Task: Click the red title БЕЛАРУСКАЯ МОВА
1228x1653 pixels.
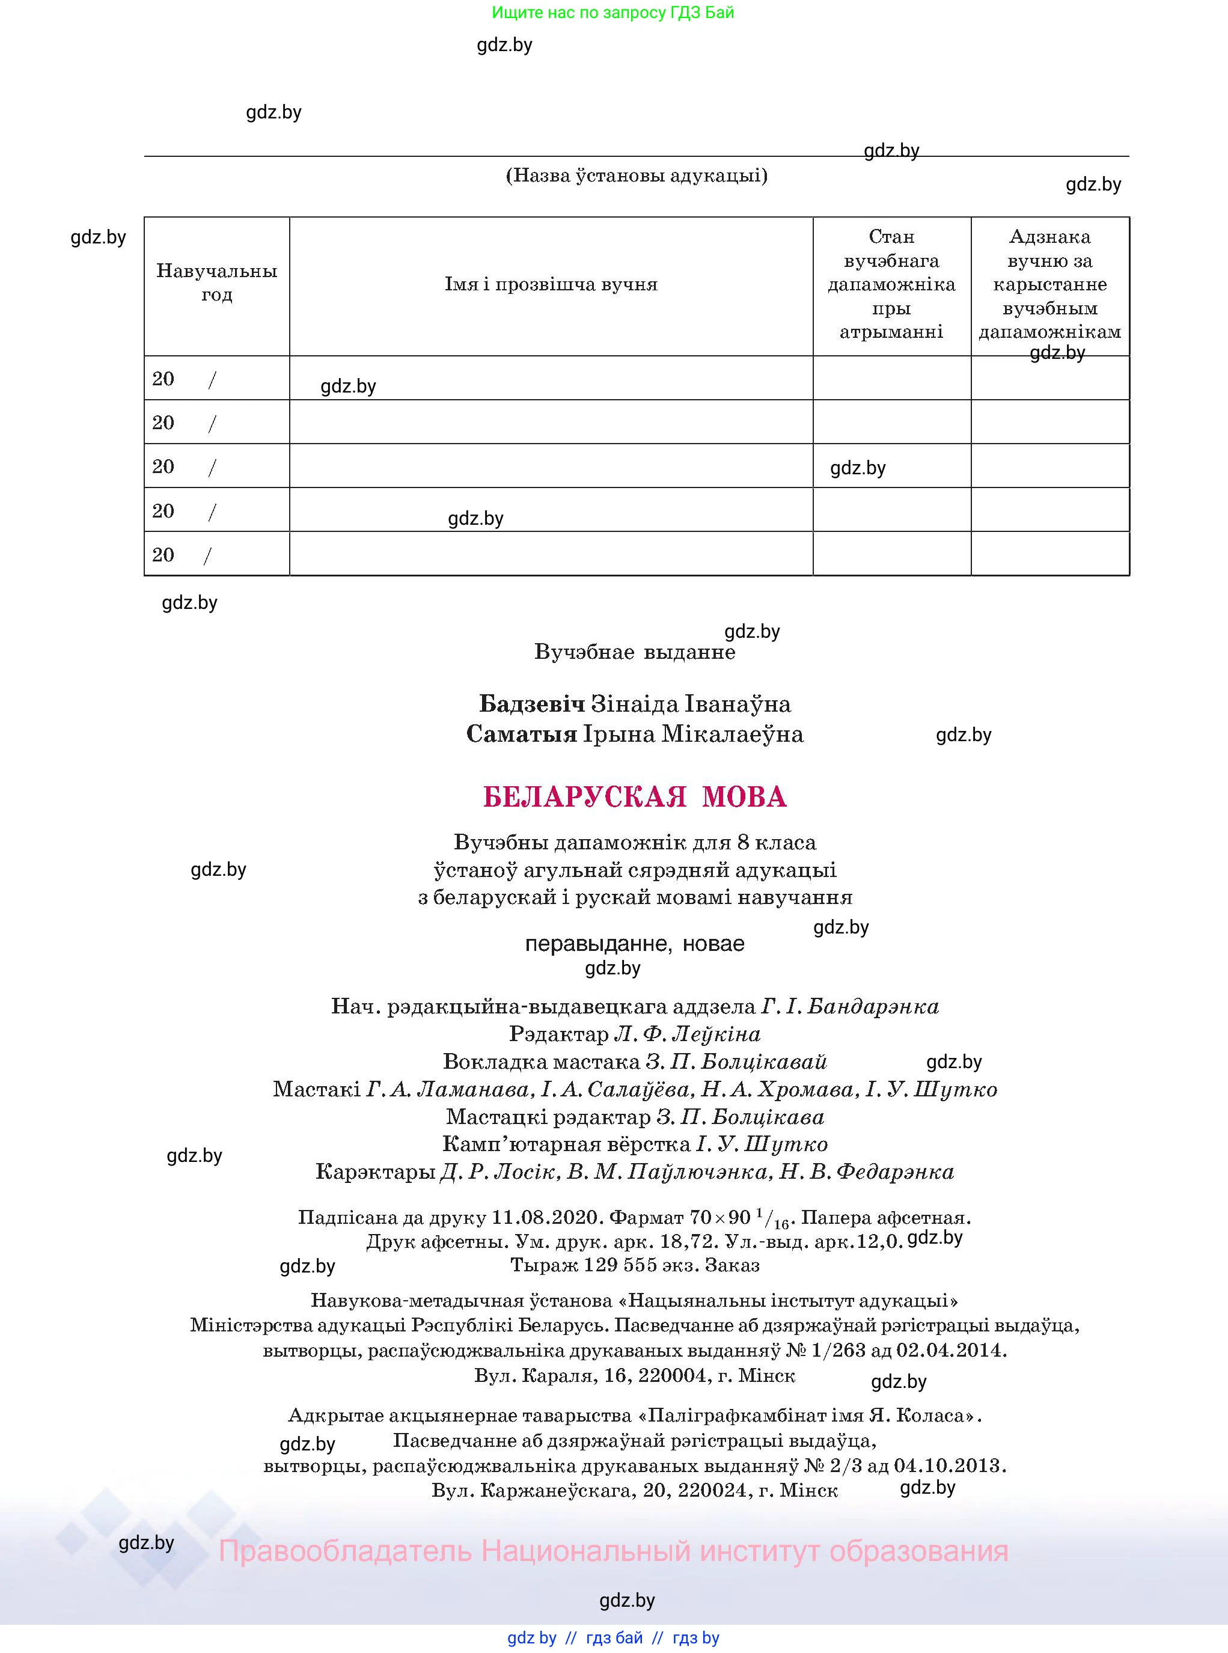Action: point(634,797)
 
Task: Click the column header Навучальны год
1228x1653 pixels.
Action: point(216,283)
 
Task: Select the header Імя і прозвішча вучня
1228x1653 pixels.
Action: point(551,285)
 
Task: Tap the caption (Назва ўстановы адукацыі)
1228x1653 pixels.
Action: point(637,176)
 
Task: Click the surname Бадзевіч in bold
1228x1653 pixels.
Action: point(531,704)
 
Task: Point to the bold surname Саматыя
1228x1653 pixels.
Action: point(521,735)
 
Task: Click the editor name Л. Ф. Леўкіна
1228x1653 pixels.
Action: point(687,1034)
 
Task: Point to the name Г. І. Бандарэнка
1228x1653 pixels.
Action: point(850,1006)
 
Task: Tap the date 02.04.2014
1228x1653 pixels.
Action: point(951,1351)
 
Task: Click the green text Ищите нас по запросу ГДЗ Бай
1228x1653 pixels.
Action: point(612,13)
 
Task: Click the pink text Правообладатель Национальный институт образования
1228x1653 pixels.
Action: point(613,1551)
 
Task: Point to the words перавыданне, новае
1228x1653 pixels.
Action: point(634,944)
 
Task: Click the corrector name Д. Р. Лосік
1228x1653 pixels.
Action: point(498,1172)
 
